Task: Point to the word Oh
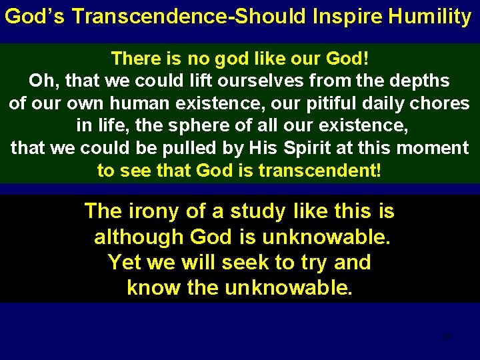(42, 81)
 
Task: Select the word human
(142, 104)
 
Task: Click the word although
(139, 237)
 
